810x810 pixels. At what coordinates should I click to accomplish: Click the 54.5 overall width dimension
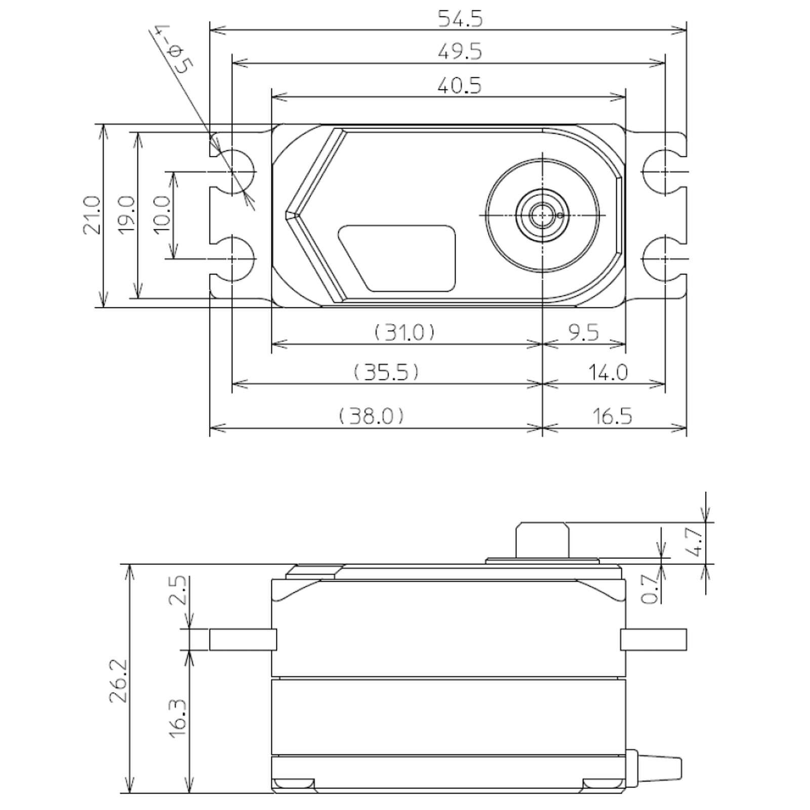[460, 19]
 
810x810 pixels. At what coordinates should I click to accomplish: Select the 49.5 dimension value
[460, 52]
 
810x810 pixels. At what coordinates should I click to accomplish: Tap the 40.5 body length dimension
[460, 86]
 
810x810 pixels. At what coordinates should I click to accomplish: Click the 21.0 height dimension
[93, 215]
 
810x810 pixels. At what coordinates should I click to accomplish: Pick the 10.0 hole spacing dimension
[162, 215]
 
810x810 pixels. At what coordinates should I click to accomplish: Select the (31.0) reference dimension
[404, 333]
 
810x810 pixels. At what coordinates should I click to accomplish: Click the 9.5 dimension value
[583, 333]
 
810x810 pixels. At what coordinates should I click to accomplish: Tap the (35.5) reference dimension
[386, 373]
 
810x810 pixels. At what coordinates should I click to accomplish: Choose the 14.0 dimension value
[607, 373]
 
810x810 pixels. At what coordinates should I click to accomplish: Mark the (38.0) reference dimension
[371, 416]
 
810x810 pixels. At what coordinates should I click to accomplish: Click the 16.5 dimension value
[612, 416]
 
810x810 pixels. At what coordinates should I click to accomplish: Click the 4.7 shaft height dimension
[697, 542]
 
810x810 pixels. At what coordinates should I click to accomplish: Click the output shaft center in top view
[542, 215]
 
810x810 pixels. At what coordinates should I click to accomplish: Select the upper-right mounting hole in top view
[664, 172]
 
